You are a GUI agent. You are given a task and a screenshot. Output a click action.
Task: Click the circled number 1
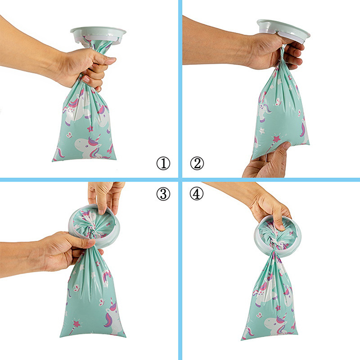(x=163, y=163)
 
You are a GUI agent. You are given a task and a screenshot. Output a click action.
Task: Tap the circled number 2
(x=197, y=163)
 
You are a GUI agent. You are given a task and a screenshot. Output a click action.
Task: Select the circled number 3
(x=163, y=194)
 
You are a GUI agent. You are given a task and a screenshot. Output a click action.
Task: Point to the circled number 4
(x=197, y=194)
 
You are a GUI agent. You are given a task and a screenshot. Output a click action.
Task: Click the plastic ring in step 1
(x=98, y=35)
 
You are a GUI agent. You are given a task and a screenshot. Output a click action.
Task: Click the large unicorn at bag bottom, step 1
(x=90, y=147)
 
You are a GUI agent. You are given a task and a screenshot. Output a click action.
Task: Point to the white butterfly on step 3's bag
(x=102, y=302)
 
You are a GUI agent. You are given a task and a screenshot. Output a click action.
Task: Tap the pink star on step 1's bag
(x=90, y=129)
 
